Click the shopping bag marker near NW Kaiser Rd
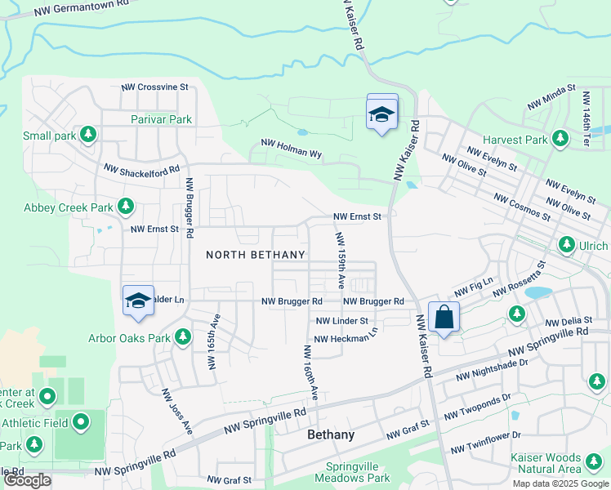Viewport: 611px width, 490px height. [x=443, y=318]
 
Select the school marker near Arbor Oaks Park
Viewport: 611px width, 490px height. [x=138, y=301]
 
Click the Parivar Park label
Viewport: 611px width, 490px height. [x=161, y=119]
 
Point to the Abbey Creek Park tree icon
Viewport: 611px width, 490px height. [x=126, y=207]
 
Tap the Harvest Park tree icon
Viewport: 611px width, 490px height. [x=560, y=140]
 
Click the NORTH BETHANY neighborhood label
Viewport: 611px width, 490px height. [x=255, y=255]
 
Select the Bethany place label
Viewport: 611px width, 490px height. [x=331, y=434]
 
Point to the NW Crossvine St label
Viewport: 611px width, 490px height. [x=155, y=87]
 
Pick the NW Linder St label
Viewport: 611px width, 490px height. [x=341, y=321]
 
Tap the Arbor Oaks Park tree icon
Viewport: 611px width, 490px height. [x=183, y=336]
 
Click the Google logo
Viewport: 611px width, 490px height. [x=27, y=480]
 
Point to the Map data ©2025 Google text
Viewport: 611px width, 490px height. [x=560, y=483]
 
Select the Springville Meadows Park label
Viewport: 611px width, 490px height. [x=352, y=472]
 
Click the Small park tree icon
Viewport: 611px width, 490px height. [x=88, y=135]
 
